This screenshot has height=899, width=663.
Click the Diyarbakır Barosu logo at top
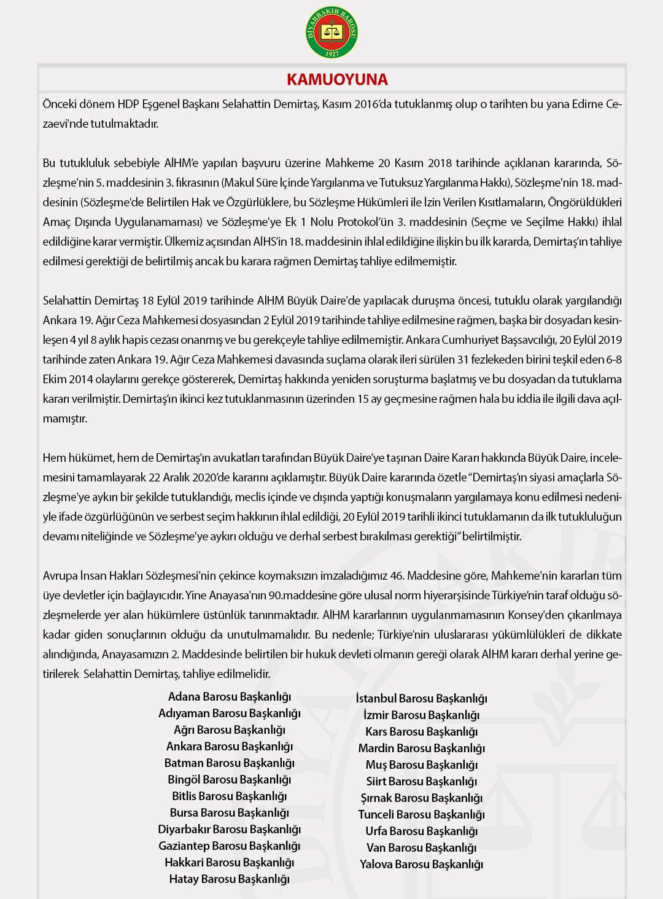point(331,32)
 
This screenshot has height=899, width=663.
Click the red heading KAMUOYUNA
point(337,80)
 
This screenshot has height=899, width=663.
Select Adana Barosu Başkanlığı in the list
point(230,697)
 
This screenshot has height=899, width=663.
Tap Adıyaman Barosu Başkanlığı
point(230,714)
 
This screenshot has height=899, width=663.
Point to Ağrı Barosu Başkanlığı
point(230,730)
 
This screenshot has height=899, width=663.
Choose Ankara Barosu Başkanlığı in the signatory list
point(230,747)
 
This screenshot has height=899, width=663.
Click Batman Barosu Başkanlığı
point(230,763)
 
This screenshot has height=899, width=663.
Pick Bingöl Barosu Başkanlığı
point(230,780)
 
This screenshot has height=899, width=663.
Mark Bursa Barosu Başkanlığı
point(230,813)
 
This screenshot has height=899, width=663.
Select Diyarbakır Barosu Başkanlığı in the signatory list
point(230,830)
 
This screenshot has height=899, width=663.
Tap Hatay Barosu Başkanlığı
point(230,879)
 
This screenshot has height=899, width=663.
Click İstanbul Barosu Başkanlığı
point(422,699)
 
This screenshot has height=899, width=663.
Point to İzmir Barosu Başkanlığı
point(422,715)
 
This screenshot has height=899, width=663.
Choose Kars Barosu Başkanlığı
point(422,732)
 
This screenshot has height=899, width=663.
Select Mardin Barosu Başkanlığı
point(422,749)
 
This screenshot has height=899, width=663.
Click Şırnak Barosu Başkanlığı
point(422,798)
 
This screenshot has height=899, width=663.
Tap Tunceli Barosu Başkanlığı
point(422,815)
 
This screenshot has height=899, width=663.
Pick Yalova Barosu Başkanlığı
point(422,865)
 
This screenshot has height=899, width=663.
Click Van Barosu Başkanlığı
point(422,848)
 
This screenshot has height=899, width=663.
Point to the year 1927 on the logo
point(331,53)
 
